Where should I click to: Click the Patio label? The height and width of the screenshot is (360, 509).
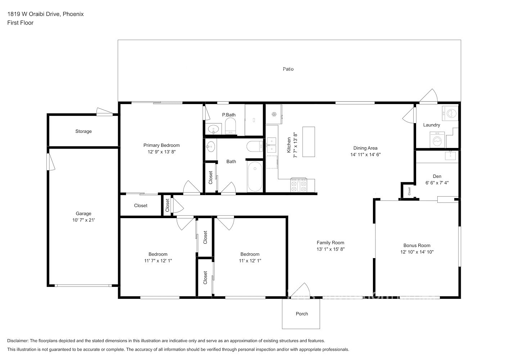[288, 69]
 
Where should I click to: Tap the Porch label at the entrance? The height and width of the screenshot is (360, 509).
[302, 314]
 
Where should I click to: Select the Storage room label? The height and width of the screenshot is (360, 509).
[84, 131]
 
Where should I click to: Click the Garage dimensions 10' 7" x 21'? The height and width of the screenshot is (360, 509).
[84, 220]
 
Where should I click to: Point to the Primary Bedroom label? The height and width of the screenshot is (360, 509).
[161, 145]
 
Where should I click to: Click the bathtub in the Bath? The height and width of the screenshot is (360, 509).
[255, 177]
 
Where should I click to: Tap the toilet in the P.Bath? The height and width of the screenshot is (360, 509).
[230, 126]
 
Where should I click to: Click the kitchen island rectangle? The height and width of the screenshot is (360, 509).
[308, 142]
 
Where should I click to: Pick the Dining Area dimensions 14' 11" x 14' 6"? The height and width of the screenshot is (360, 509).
[365, 154]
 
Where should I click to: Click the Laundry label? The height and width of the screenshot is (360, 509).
[432, 125]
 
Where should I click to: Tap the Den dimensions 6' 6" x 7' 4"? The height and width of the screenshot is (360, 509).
[437, 183]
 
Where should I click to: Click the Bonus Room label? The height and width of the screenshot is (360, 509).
[417, 246]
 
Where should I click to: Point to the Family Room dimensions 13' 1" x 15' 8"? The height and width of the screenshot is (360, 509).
[330, 249]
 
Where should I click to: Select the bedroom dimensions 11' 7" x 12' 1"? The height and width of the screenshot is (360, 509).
[158, 261]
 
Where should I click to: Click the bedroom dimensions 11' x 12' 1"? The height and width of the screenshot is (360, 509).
[250, 261]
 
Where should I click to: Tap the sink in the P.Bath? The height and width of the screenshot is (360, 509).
[213, 129]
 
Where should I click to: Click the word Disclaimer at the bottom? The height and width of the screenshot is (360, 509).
[18, 341]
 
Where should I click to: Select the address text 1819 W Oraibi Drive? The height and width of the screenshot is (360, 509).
[33, 14]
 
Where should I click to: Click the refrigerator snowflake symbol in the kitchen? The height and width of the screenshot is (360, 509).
[274, 114]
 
